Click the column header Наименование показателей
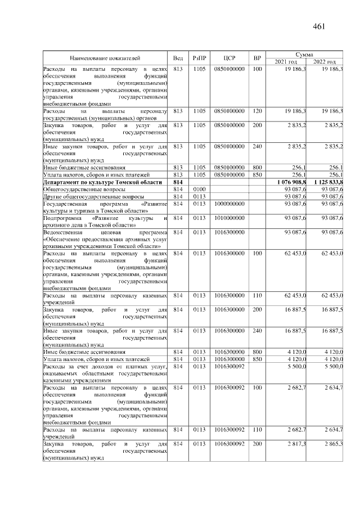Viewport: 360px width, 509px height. point(105,58)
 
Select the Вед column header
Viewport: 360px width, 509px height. point(178,58)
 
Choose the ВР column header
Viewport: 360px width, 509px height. point(257,58)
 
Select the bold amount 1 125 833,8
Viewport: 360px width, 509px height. point(329,182)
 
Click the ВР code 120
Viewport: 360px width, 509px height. point(257,111)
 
